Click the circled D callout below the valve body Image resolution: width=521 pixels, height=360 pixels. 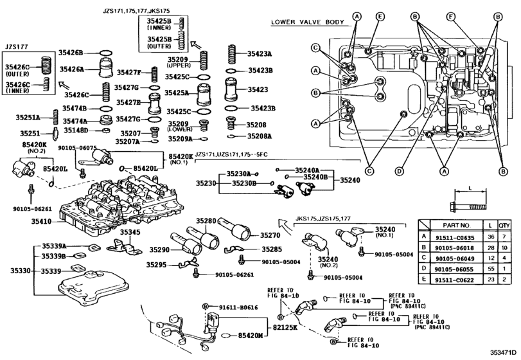coord(399,170)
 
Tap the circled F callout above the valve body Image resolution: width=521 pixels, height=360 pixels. coord(451,16)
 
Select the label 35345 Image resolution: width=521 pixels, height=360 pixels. coord(131,231)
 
